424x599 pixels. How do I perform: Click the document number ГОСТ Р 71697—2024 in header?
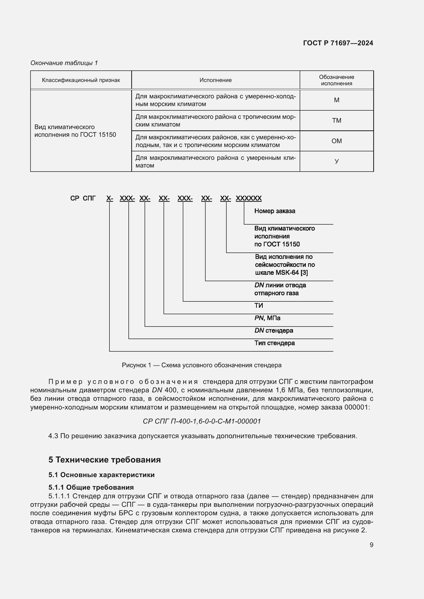pos(338,43)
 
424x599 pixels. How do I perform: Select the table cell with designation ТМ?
pos(336,121)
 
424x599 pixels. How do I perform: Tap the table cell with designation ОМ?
pos(336,141)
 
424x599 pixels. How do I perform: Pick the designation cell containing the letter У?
pos(336,161)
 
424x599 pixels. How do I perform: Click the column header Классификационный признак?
pos(81,80)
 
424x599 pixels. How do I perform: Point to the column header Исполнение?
pos(215,80)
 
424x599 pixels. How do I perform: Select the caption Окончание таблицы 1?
pos(64,63)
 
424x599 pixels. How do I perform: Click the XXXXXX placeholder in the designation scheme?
pos(248,198)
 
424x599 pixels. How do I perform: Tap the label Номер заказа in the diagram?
pos(274,211)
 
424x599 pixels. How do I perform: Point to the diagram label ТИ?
pos(258,306)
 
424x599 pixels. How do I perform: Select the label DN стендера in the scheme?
pos(273,331)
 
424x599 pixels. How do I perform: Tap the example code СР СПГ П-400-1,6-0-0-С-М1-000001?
pos(201,421)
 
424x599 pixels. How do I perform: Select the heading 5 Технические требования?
pos(104,459)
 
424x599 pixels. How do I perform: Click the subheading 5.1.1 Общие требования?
pos(91,487)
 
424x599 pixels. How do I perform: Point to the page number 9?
pos(371,545)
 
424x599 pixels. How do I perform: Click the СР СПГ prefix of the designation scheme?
pos(83,198)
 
